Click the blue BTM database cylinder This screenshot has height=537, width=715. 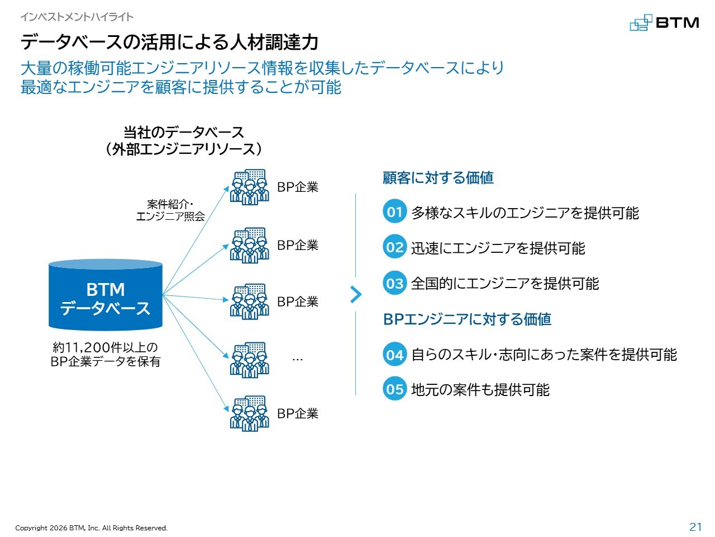click(x=105, y=295)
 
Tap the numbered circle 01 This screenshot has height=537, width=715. click(x=394, y=211)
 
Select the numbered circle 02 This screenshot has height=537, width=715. click(x=394, y=247)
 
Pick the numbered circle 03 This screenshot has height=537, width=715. click(x=394, y=282)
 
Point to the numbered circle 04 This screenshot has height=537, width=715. click(x=394, y=354)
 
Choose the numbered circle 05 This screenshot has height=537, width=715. click(x=394, y=389)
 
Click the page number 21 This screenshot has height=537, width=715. click(x=695, y=527)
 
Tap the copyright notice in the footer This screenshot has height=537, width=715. click(x=91, y=528)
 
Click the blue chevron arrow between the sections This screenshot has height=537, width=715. click(x=356, y=295)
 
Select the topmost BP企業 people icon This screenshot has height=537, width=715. click(x=249, y=187)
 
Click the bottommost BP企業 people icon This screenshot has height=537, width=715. click(x=249, y=413)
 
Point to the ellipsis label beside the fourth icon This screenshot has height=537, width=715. click(x=297, y=360)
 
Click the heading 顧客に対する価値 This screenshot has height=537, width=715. click(x=438, y=178)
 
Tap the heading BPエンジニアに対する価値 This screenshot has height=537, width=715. click(x=467, y=319)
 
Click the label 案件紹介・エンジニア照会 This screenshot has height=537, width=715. click(x=170, y=210)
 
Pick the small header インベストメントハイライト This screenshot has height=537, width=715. click(x=77, y=17)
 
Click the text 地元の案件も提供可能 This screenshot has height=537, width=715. click(x=480, y=389)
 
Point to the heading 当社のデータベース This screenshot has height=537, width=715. click(x=184, y=133)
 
